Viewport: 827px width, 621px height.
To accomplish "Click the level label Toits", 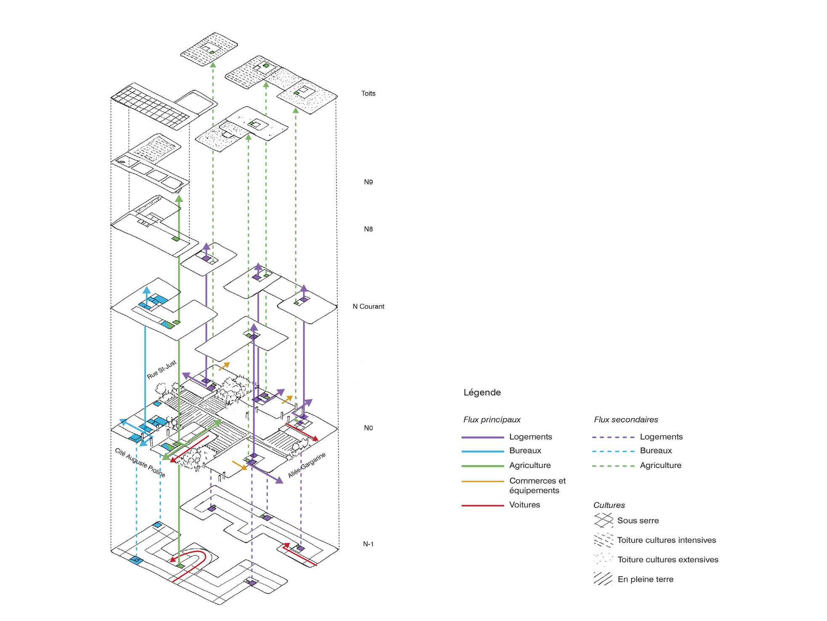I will [368, 93].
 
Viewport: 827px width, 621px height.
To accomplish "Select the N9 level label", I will [368, 182].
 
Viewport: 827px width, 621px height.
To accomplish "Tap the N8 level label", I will [368, 229].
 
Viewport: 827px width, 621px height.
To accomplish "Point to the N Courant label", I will [368, 307].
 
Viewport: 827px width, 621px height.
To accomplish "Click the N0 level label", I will [368, 428].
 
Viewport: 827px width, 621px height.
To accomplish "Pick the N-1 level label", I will [368, 544].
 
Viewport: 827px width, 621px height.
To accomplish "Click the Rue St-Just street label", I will [162, 370].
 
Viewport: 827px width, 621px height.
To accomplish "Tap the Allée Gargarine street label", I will [307, 465].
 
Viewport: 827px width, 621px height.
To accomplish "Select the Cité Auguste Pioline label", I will [140, 463].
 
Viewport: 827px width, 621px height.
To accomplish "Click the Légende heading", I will [482, 392].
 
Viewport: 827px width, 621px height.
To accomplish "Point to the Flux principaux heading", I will [492, 420].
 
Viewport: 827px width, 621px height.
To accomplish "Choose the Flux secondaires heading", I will [626, 420].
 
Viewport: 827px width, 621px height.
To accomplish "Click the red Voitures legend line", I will [482, 505].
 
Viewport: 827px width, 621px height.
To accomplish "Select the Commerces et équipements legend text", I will [537, 485].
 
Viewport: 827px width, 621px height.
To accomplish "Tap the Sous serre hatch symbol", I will [604, 520].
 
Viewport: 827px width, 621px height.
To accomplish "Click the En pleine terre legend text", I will [645, 579].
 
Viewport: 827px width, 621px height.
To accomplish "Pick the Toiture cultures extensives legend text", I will [668, 560].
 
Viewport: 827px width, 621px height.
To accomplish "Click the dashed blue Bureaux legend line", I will [613, 451].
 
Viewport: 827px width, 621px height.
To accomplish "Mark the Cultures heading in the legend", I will [609, 505].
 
